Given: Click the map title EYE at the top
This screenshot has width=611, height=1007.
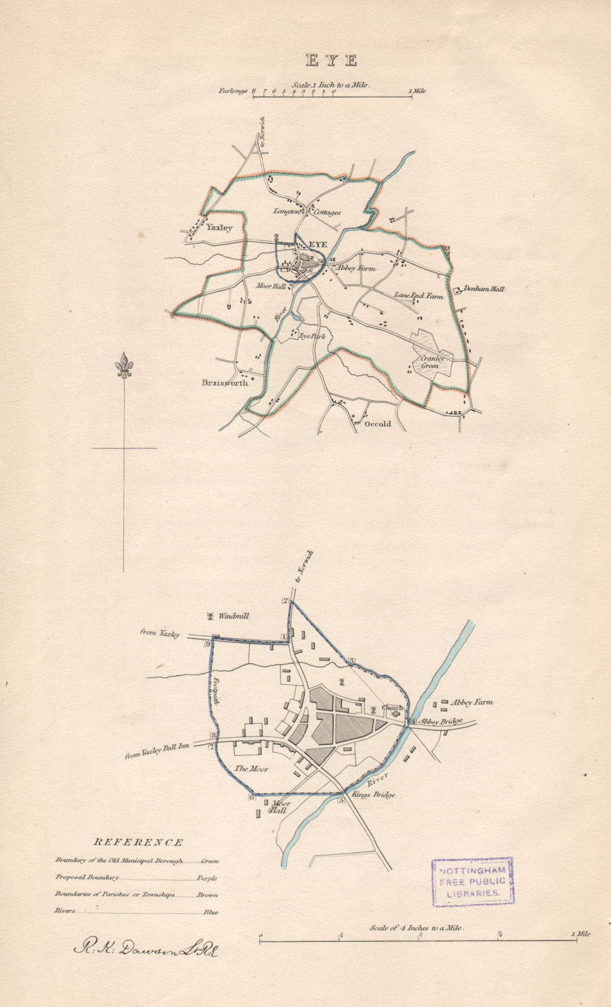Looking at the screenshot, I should click(332, 60).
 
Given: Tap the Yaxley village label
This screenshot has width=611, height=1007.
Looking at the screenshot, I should click(219, 228).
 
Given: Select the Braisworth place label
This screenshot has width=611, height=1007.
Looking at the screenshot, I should click(225, 383).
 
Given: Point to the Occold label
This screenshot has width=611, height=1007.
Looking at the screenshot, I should click(378, 424).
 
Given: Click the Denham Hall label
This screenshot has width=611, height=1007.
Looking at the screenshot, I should click(484, 290).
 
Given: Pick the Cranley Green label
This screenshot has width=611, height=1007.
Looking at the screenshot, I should click(433, 362).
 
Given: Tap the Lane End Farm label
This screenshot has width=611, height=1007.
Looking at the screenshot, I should click(418, 295).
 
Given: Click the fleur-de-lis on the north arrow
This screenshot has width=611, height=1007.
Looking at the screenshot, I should click(124, 366).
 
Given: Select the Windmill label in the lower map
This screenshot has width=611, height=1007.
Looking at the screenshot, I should click(233, 616).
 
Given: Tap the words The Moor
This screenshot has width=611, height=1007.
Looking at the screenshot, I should click(251, 768).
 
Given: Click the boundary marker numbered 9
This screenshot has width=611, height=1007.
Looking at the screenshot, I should click(207, 643).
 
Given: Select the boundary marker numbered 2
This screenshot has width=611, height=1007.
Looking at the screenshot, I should click(285, 601).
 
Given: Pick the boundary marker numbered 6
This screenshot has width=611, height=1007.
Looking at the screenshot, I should click(251, 798).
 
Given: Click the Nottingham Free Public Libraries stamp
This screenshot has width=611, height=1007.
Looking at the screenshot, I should click(473, 881).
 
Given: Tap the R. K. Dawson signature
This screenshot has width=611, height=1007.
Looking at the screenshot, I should click(147, 948).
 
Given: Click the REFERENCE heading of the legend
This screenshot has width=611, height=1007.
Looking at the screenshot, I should click(138, 842).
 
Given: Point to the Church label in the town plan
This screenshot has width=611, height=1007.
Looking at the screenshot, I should click(391, 708).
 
